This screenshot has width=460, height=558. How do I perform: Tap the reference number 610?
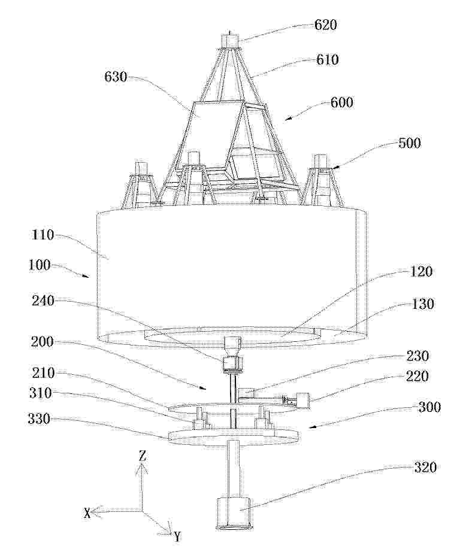click(327, 59)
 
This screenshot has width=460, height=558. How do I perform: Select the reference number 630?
click(116, 77)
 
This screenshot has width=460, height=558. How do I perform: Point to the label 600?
click(342, 102)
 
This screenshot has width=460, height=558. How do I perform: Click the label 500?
click(409, 143)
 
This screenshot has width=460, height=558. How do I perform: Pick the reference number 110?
click(43, 235)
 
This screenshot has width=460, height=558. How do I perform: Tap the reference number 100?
click(40, 266)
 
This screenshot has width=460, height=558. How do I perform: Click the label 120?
click(421, 272)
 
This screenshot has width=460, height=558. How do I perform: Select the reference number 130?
click(423, 304)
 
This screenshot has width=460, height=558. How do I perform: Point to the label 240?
click(43, 301)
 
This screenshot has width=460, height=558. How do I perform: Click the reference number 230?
click(417, 356)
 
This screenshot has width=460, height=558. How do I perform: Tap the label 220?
click(417, 376)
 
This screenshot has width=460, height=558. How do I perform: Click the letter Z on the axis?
click(143, 457)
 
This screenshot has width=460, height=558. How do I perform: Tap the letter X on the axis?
click(87, 513)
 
